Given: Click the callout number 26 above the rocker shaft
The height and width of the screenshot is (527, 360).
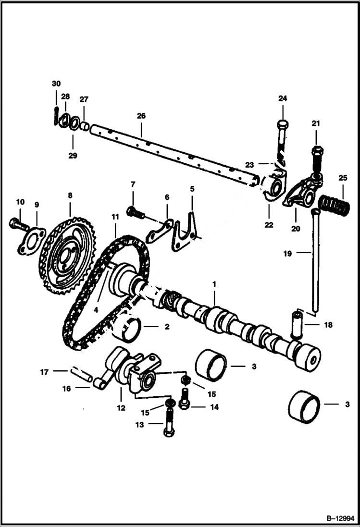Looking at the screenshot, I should click(x=141, y=116).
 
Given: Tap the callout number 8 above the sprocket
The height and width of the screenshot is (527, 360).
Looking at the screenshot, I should click(x=70, y=196).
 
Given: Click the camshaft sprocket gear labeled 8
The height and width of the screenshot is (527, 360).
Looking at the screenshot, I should click(x=67, y=255).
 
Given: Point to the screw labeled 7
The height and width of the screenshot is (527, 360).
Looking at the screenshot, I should click(x=135, y=212).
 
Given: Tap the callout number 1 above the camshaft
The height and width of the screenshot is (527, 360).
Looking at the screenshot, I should click(x=214, y=284).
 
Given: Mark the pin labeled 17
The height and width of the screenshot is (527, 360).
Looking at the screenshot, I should click(x=81, y=373).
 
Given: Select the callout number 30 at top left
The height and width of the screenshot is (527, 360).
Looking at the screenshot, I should click(x=56, y=84).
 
